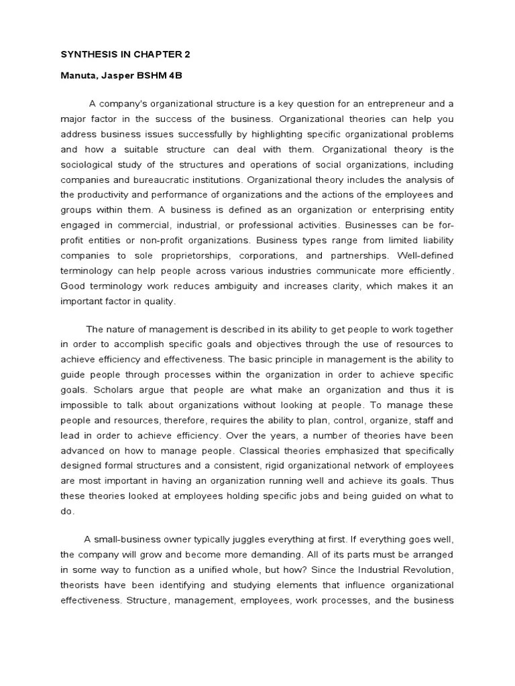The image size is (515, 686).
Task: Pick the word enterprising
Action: point(396,209)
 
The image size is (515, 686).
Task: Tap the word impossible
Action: point(84,405)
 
